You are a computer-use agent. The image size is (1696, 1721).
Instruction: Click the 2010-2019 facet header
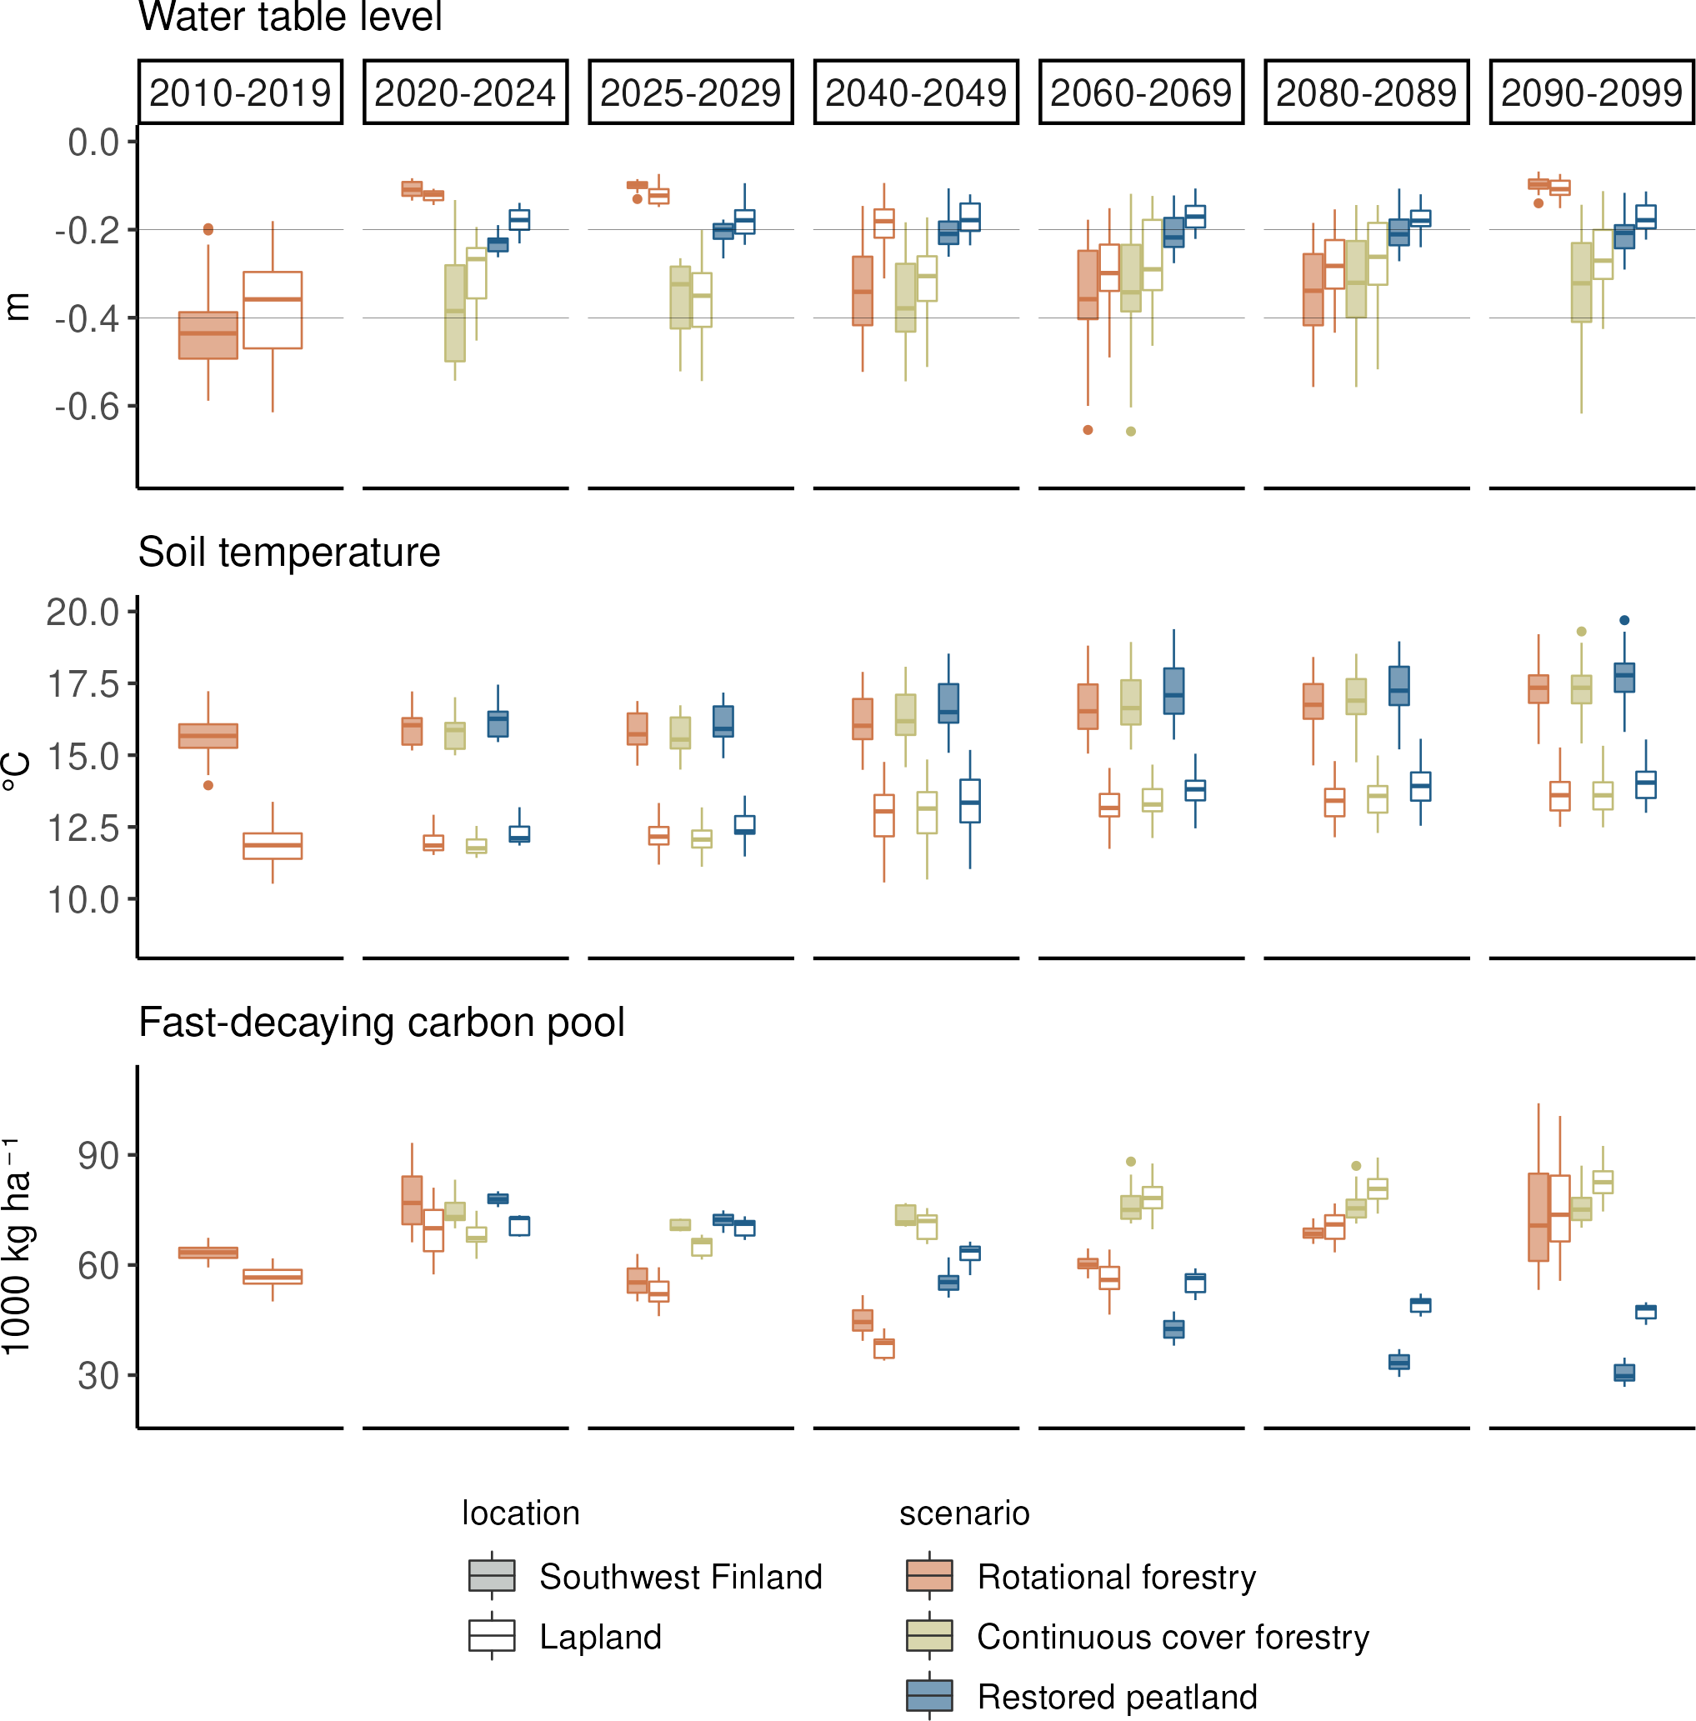240,92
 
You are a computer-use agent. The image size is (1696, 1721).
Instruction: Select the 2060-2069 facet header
1141,92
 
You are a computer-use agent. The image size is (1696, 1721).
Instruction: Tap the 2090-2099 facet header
1592,92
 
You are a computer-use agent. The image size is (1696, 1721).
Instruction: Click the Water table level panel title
289,17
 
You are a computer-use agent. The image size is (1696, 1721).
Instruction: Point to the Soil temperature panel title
288,553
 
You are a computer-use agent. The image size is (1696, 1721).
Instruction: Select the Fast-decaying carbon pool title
381,1023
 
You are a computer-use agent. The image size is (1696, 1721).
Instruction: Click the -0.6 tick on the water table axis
87,406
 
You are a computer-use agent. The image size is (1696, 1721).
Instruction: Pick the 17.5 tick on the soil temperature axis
83,684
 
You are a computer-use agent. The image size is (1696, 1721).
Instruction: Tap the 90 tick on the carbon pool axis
98,1156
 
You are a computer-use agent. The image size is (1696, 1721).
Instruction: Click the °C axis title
18,772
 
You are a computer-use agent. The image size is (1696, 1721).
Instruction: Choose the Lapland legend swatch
492,1636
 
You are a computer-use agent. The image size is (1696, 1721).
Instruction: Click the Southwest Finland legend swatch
492,1576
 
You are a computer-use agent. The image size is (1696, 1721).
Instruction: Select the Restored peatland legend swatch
929,1696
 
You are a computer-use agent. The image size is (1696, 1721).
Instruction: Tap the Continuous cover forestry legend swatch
929,1636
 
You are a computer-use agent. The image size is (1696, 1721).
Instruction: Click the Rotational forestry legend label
1116,1577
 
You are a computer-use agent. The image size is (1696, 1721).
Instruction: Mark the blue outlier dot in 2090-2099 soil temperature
1624,620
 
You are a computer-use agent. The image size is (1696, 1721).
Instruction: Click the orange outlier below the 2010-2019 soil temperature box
208,786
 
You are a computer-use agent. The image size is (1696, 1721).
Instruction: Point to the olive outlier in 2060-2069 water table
1131,431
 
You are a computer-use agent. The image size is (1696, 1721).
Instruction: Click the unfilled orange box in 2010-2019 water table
273,310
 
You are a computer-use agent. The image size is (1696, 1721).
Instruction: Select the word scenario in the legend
963,1513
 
